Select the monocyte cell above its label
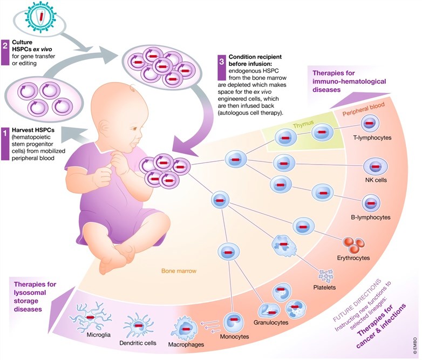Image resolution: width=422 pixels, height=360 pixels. tap(233, 324)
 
